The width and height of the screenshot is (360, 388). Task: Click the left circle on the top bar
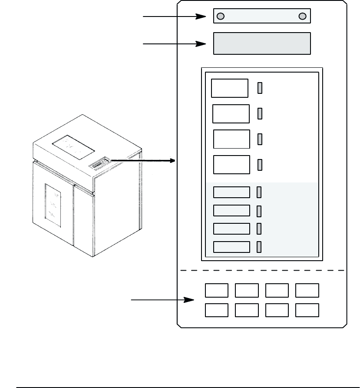tap(220, 17)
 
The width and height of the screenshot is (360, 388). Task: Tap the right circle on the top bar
tap(303, 17)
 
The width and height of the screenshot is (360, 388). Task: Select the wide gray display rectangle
tap(262, 43)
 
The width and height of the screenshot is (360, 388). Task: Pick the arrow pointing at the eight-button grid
tap(163, 300)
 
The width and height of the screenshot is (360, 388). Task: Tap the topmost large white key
tap(230, 88)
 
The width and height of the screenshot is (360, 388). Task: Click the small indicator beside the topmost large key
tap(260, 88)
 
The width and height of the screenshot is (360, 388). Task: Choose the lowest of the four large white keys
tap(232, 165)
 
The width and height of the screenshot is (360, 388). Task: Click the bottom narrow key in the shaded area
tap(232, 247)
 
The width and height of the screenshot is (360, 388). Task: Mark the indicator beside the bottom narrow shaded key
tap(259, 247)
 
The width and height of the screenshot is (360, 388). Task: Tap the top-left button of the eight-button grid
tap(216, 290)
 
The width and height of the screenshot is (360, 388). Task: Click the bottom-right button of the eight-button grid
tap(307, 310)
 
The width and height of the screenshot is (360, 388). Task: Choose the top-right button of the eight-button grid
tap(307, 290)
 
